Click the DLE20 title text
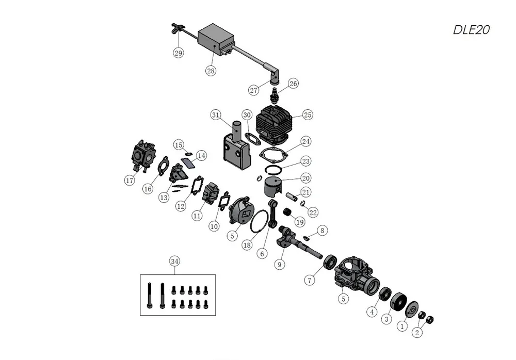pyautogui.click(x=471, y=30)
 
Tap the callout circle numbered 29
pyautogui.click(x=179, y=53)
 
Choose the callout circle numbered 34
pyautogui.click(x=174, y=261)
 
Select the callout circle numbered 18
pyautogui.click(x=247, y=245)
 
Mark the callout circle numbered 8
pyautogui.click(x=322, y=231)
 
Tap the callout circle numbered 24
pyautogui.click(x=305, y=141)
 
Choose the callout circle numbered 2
pyautogui.click(x=417, y=332)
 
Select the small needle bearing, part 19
pyautogui.click(x=288, y=212)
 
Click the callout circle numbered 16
pyautogui.click(x=148, y=189)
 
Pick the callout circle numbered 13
pyautogui.click(x=164, y=197)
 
